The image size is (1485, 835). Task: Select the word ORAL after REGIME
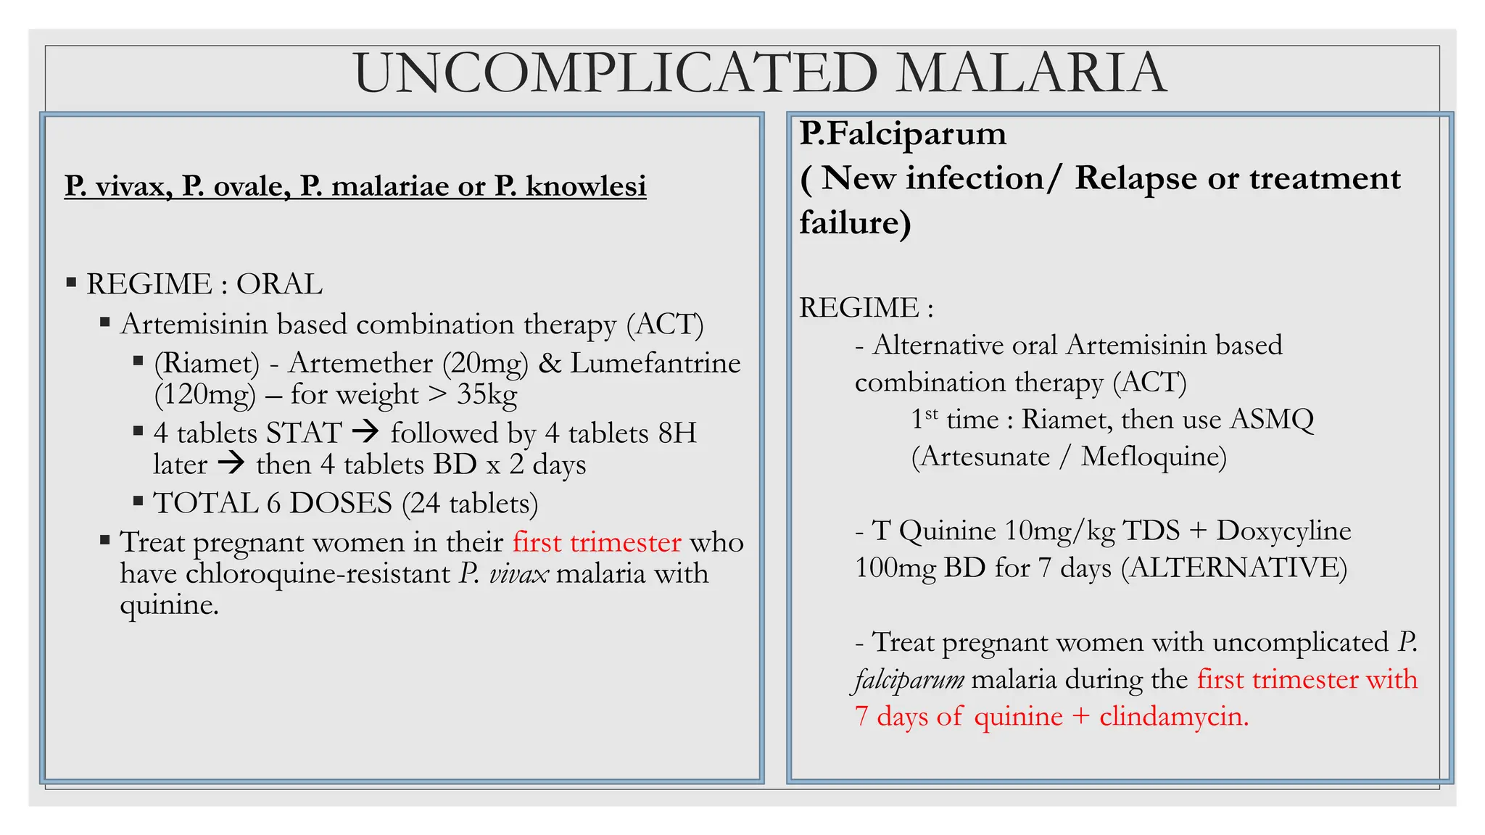click(279, 284)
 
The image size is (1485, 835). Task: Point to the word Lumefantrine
click(655, 363)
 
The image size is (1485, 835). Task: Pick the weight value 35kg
click(487, 394)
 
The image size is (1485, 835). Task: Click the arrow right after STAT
click(365, 433)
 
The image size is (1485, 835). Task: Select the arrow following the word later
click(231, 463)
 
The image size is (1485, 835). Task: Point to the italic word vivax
click(518, 573)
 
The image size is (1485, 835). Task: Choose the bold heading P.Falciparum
click(903, 134)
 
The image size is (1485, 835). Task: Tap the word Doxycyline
click(1283, 531)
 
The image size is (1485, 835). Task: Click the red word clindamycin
click(1174, 717)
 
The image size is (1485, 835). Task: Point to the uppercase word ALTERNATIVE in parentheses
click(1233, 568)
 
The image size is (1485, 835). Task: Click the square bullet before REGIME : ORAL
click(71, 282)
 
